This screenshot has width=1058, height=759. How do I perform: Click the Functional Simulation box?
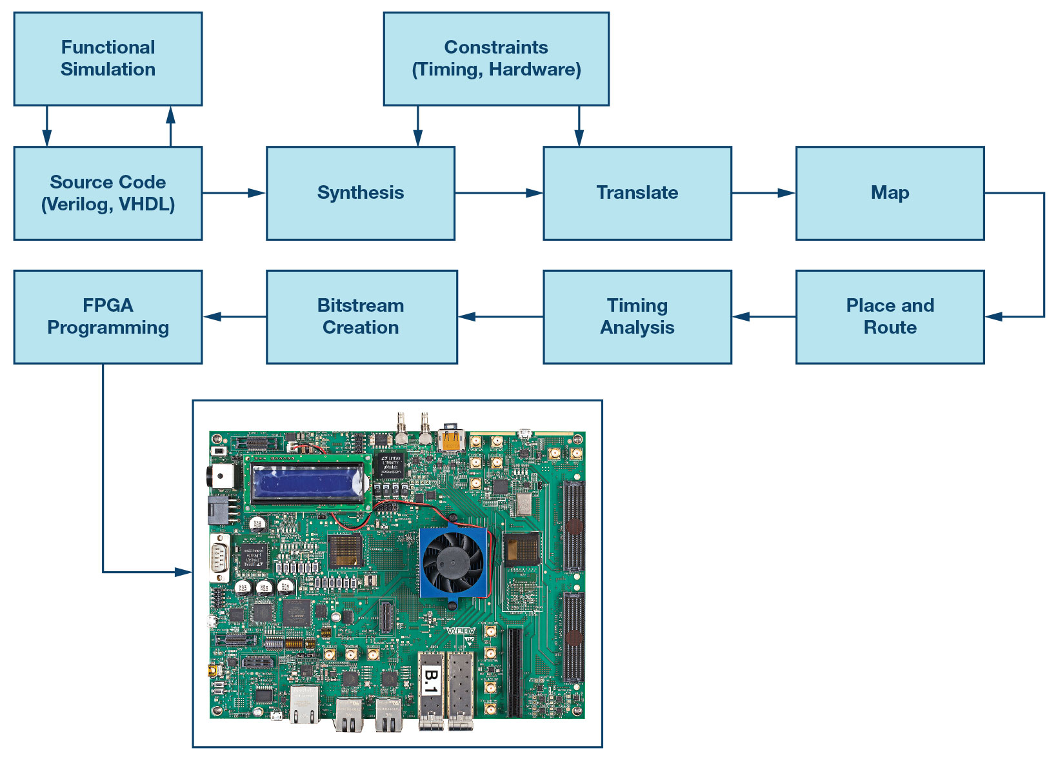click(x=108, y=59)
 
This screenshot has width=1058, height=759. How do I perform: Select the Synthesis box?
click(x=361, y=193)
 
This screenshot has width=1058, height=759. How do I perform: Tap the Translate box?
click(x=637, y=193)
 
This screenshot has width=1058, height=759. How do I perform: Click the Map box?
click(x=890, y=193)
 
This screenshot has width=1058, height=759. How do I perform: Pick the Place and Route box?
click(x=890, y=317)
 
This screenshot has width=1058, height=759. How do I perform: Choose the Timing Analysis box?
click(x=637, y=317)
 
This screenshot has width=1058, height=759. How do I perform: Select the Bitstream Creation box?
click(x=361, y=317)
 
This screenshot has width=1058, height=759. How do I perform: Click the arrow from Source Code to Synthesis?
click(x=234, y=193)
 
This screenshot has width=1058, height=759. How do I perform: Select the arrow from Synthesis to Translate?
click(x=499, y=193)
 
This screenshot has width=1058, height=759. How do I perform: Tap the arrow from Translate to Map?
click(x=764, y=193)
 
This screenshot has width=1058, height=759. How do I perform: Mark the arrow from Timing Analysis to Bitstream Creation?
click(x=500, y=317)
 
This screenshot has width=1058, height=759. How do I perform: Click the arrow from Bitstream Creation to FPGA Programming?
click(x=235, y=317)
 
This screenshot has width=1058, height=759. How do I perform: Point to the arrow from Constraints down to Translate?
click(x=579, y=126)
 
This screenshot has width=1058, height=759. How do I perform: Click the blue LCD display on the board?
click(x=308, y=484)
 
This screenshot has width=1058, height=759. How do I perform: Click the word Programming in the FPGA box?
click(x=108, y=328)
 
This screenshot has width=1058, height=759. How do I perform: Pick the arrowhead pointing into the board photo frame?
click(x=184, y=572)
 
